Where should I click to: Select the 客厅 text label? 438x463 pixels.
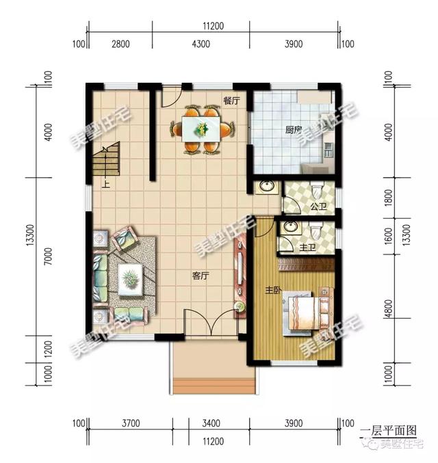[200, 276]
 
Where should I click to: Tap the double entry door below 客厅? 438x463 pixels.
[211, 321]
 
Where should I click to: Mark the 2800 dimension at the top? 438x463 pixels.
[120, 45]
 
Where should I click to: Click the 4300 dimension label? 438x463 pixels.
[201, 45]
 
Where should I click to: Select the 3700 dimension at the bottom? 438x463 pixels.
[131, 424]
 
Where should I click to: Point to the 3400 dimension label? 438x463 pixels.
[211, 424]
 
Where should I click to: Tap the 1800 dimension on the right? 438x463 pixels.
[389, 202]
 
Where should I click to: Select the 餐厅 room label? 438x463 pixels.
[231, 101]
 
